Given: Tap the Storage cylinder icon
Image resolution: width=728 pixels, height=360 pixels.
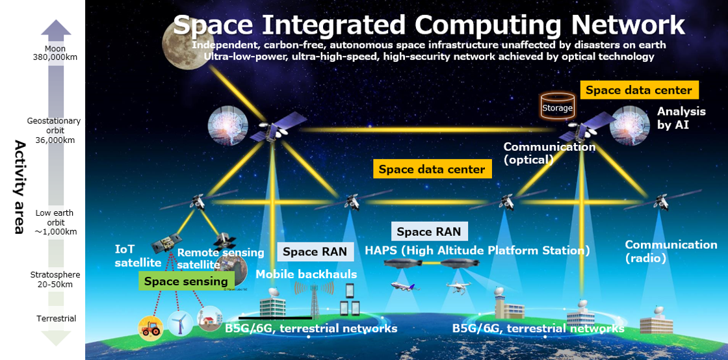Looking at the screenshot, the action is tap(558, 105).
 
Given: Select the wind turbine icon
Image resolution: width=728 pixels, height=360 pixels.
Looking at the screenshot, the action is tap(179, 323).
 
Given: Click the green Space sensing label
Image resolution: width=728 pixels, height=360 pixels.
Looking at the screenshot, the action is tap(186, 281).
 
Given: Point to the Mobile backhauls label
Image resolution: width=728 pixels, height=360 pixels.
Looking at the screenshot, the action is tap(306, 274).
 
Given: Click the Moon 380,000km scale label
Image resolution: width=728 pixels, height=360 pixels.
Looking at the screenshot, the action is tap(55, 53).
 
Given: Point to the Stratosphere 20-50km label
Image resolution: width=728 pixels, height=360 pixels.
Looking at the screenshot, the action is tap(55, 279).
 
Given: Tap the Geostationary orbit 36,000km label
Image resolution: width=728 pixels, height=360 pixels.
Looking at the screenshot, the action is tap(54, 131).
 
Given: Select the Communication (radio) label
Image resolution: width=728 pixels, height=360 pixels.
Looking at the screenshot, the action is tap(671, 251).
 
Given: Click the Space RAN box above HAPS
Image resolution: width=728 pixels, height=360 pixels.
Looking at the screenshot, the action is tap(429, 231).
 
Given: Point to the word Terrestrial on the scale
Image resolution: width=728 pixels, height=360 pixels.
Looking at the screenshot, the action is tap(56, 318).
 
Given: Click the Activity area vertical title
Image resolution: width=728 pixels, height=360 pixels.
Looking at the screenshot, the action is tap(19, 186).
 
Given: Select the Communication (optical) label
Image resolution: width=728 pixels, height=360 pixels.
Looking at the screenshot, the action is tap(550, 153).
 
